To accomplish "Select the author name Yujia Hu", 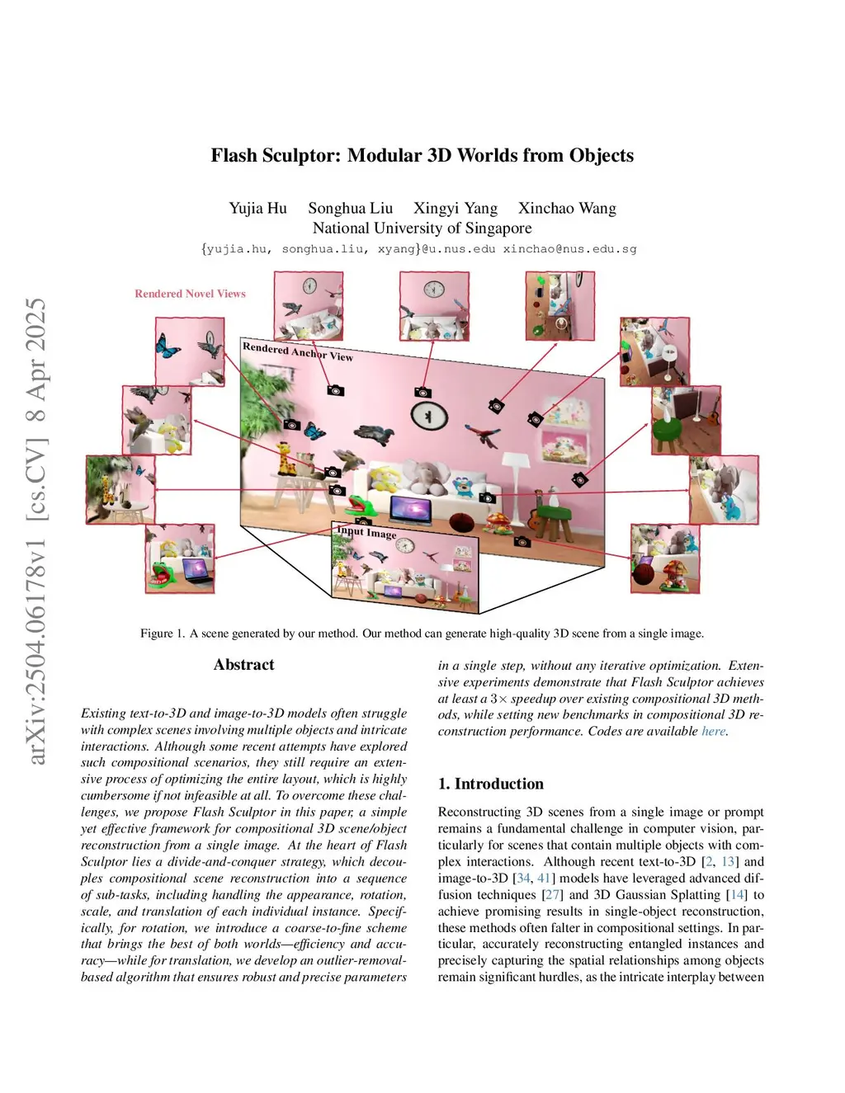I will (x=257, y=208).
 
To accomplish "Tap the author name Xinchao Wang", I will (x=567, y=208).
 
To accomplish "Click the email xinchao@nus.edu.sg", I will (x=569, y=248).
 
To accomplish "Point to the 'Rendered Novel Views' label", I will (x=190, y=294).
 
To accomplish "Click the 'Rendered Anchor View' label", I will (x=297, y=351).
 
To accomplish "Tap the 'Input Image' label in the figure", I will (x=366, y=532).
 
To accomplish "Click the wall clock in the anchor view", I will (x=429, y=417).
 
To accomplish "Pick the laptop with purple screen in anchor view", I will (x=410, y=511).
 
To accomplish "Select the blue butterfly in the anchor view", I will (x=314, y=431).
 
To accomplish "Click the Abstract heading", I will (x=243, y=665).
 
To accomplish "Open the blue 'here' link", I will (x=713, y=731).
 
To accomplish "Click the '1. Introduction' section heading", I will (x=491, y=784).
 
